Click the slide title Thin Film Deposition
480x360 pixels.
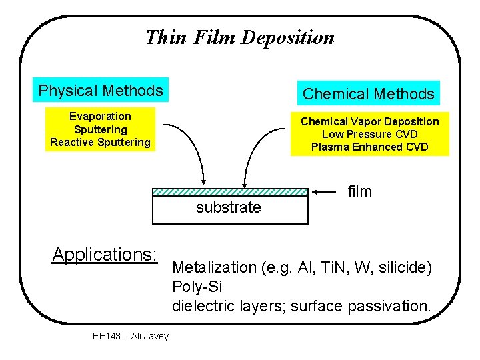pyautogui.click(x=239, y=37)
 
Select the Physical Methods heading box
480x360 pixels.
pyautogui.click(x=101, y=91)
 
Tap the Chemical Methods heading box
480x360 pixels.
pyautogui.click(x=368, y=94)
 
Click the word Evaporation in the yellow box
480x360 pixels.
pyautogui.click(x=100, y=117)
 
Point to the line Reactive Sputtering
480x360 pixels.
pyautogui.click(x=100, y=142)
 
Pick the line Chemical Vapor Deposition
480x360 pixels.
pyautogui.click(x=369, y=121)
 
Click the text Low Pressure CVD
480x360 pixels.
pyautogui.click(x=369, y=134)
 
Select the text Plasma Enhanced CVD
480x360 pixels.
pyautogui.click(x=369, y=147)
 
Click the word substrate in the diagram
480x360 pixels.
pyautogui.click(x=229, y=208)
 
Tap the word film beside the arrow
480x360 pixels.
pyautogui.click(x=360, y=192)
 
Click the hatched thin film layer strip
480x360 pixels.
pyautogui.click(x=230, y=192)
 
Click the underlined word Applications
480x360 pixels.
pyautogui.click(x=105, y=255)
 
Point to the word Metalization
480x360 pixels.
pyautogui.click(x=213, y=268)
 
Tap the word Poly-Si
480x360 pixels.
pyautogui.click(x=197, y=287)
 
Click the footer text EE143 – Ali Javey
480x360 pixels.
pyautogui.click(x=131, y=336)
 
